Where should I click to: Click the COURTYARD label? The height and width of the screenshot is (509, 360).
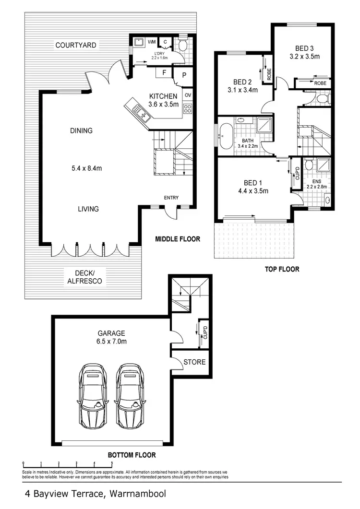point(76,46)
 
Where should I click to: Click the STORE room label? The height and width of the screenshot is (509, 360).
point(194,362)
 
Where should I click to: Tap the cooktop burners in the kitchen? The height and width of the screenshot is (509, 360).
point(188,109)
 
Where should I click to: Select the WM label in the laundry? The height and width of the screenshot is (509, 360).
point(152,43)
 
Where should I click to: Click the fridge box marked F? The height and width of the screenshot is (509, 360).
point(165,73)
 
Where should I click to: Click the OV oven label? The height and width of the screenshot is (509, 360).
point(188,95)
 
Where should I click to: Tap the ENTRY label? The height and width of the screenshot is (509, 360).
point(171,198)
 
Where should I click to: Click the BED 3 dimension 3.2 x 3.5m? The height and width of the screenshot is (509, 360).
point(304,57)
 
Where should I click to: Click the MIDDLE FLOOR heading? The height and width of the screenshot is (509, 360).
point(177,238)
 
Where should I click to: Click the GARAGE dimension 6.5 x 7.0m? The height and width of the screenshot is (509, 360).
point(112,342)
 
